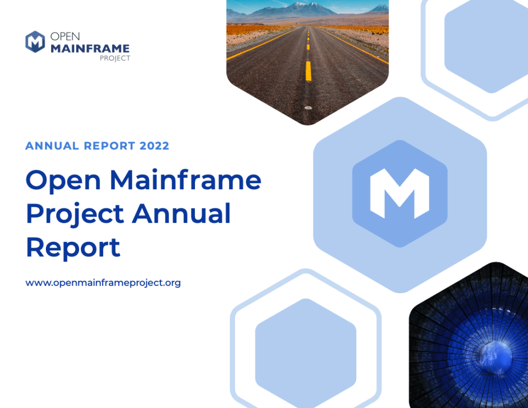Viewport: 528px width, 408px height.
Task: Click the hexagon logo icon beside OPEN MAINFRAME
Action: pos(35,42)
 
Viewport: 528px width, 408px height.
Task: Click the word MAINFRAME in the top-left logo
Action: pos(90,48)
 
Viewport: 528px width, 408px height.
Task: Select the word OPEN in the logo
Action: pos(65,38)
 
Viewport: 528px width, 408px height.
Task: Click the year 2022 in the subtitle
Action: pos(154,146)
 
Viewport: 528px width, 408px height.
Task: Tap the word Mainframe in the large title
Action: pos(185,180)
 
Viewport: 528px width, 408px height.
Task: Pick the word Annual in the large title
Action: pos(181,213)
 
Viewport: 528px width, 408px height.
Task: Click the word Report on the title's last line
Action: pos(73,247)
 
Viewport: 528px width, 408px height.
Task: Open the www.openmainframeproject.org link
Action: pos(103,283)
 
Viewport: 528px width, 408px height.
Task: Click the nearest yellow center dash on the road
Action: pos(308,71)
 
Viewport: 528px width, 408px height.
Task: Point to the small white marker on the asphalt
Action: pos(308,107)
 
